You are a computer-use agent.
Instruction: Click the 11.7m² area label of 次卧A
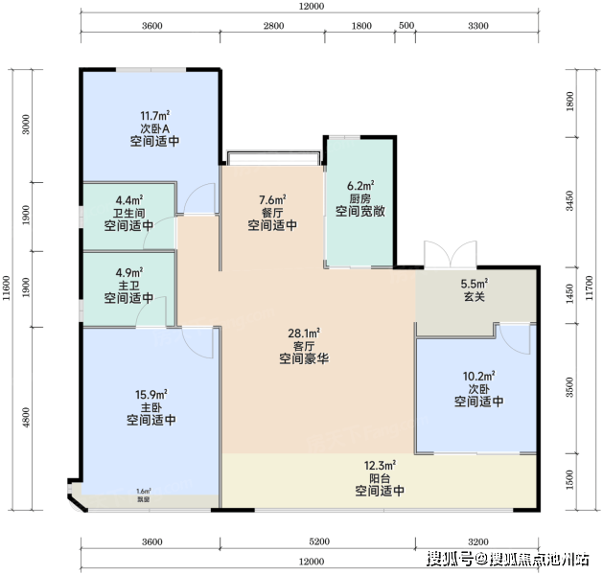pyautogui.click(x=155, y=116)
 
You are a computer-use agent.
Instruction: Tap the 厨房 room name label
pyautogui.click(x=359, y=198)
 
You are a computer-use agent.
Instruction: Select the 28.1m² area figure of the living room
pyautogui.click(x=304, y=333)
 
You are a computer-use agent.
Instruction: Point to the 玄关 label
pyautogui.click(x=475, y=297)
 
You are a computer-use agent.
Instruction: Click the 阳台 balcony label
pyautogui.click(x=380, y=478)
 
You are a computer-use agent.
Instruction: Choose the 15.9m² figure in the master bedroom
pyautogui.click(x=151, y=394)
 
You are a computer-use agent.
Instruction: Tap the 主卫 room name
pyautogui.click(x=128, y=286)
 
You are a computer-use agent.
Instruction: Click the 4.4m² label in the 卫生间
pyautogui.click(x=129, y=200)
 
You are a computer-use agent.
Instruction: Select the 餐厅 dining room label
pyautogui.click(x=272, y=213)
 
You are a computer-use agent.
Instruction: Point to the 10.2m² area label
pyautogui.click(x=478, y=376)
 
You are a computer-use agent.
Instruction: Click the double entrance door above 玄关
pyautogui.click(x=451, y=254)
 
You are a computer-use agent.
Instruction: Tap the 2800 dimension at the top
pyautogui.click(x=273, y=26)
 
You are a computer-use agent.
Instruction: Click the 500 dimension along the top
pyautogui.click(x=406, y=25)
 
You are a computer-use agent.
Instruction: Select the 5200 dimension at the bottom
pyautogui.click(x=319, y=541)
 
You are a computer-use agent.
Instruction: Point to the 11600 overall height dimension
pyautogui.click(x=7, y=288)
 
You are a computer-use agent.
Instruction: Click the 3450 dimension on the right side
pyautogui.click(x=569, y=200)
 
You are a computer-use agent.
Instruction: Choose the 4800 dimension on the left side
pyautogui.click(x=26, y=418)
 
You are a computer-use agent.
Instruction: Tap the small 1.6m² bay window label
pyautogui.click(x=144, y=492)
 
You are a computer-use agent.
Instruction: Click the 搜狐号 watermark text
pyautogui.click(x=450, y=559)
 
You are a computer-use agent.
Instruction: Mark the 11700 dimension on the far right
pyautogui.click(x=589, y=288)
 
